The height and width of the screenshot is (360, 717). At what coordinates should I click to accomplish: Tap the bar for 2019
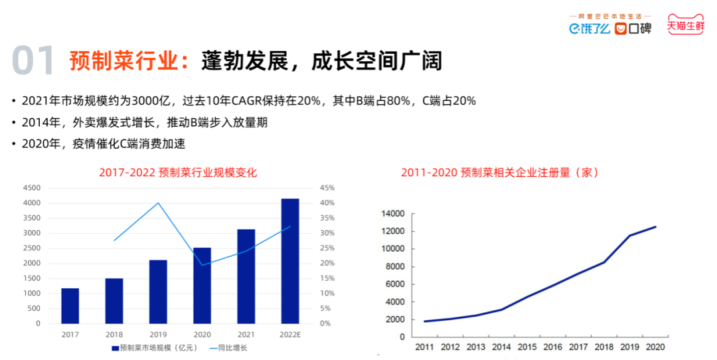point(158,292)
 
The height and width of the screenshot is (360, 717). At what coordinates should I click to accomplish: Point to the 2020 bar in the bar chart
point(202,286)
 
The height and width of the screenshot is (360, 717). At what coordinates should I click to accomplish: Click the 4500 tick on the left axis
point(31,188)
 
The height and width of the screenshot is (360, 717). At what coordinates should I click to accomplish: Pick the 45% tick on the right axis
point(327,188)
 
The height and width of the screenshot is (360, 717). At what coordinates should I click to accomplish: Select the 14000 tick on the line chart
point(393,214)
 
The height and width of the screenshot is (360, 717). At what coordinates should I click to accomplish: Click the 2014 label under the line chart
point(501,347)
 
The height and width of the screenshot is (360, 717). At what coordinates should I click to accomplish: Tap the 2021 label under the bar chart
point(246,335)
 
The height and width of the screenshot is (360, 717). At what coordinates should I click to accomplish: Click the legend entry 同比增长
point(232,347)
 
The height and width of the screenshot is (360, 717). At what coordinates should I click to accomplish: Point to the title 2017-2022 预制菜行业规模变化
point(178,173)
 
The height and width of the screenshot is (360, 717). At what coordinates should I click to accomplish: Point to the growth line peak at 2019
point(158,203)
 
